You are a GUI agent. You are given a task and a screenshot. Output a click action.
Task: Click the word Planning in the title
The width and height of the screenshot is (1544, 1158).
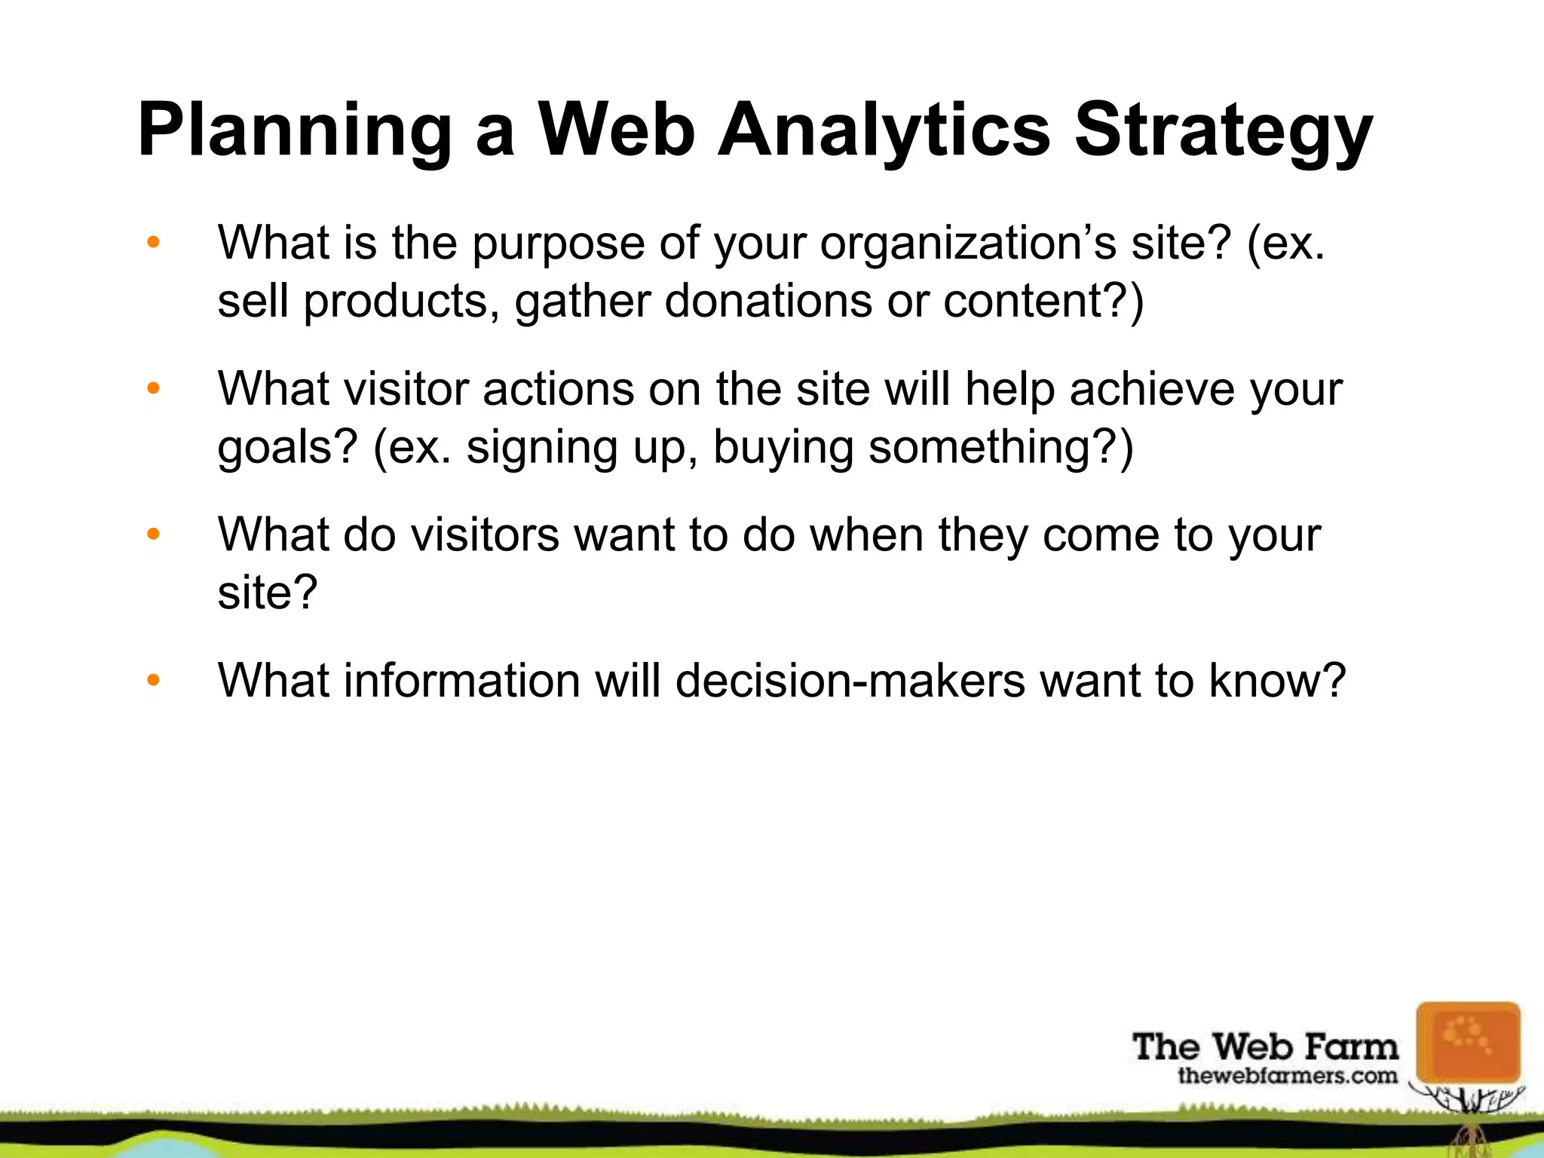click(x=295, y=131)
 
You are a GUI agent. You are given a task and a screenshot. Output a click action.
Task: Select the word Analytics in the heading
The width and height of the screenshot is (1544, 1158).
click(x=883, y=131)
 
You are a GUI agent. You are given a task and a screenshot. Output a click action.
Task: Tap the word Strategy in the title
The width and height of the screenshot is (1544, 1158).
click(x=1222, y=131)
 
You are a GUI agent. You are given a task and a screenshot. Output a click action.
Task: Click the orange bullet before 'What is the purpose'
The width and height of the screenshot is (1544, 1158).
click(x=154, y=243)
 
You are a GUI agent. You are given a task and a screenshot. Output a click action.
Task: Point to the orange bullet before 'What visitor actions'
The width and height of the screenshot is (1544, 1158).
click(x=154, y=389)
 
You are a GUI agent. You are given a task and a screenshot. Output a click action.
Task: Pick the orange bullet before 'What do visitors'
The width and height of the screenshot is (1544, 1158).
click(x=154, y=535)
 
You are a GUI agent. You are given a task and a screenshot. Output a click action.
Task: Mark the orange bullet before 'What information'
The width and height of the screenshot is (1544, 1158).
click(x=154, y=681)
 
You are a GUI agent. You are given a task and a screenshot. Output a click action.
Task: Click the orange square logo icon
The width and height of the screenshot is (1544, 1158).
click(x=1467, y=1042)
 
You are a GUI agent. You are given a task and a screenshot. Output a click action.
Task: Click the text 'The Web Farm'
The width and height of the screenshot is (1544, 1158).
click(x=1264, y=1046)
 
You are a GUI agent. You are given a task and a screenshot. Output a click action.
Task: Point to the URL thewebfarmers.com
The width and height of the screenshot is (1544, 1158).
click(x=1287, y=1076)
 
